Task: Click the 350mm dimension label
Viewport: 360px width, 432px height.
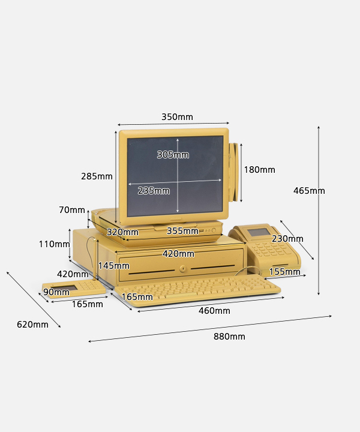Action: tap(177, 117)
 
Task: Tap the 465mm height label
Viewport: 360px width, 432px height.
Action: tap(309, 191)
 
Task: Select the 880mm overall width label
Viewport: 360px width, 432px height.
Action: tap(229, 337)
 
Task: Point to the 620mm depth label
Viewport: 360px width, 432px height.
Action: tap(32, 324)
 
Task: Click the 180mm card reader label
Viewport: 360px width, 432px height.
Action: tap(259, 170)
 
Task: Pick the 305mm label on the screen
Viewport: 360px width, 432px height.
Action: tap(173, 155)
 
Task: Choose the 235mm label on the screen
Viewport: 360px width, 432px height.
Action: tap(154, 191)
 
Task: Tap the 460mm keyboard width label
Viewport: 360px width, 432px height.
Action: tap(214, 311)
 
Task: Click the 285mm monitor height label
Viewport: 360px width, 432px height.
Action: tap(97, 176)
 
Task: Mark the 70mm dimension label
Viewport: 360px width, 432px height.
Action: tap(72, 210)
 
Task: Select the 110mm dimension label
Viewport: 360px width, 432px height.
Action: tap(54, 244)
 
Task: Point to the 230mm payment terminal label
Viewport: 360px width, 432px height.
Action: tap(287, 239)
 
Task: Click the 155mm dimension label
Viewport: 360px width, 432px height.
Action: tap(284, 272)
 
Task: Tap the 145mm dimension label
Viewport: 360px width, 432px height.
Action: tap(114, 266)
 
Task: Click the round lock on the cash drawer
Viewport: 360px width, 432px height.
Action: tap(182, 268)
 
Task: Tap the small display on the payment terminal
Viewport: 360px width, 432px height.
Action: tap(259, 232)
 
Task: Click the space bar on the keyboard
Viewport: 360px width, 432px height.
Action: tap(181, 296)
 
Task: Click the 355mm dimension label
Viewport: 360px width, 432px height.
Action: tap(182, 231)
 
